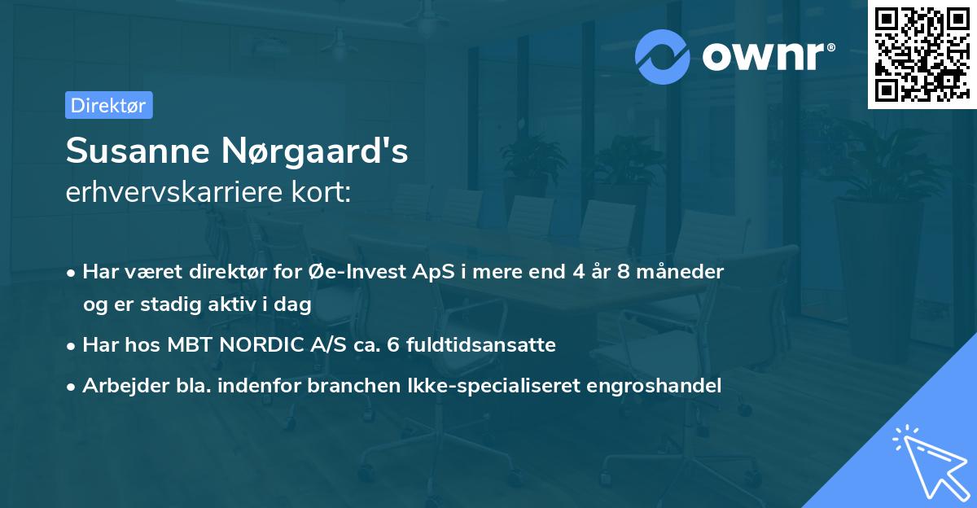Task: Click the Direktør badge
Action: point(108,105)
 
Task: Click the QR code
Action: point(922,55)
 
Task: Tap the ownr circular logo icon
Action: point(663,56)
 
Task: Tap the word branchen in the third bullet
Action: point(345,386)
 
